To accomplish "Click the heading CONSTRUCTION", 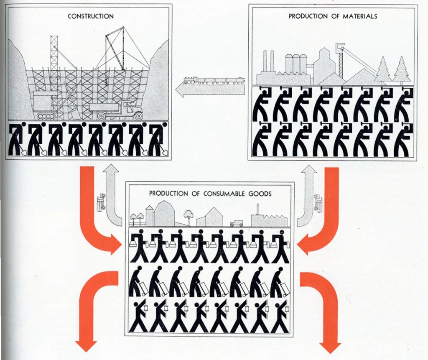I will coord(91,16).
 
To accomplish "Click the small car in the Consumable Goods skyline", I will coord(236,223).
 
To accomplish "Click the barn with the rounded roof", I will coord(164,213).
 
